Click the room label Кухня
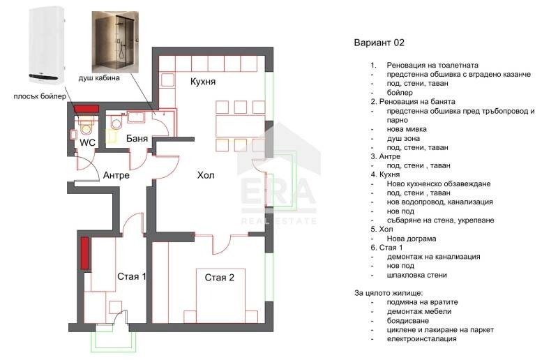203,82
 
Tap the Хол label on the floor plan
206,175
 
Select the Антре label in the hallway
116,175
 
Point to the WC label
88,142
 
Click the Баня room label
137,139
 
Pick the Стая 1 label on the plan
132,277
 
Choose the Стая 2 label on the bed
220,278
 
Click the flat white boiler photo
46,45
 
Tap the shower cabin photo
115,42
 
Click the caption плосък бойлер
40,96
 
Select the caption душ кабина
99,78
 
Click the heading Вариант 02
379,43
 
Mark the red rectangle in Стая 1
84,253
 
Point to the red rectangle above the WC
86,109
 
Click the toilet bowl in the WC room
86,128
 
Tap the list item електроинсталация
422,338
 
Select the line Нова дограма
412,239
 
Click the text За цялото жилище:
389,294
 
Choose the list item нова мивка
407,129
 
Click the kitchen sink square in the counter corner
167,80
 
